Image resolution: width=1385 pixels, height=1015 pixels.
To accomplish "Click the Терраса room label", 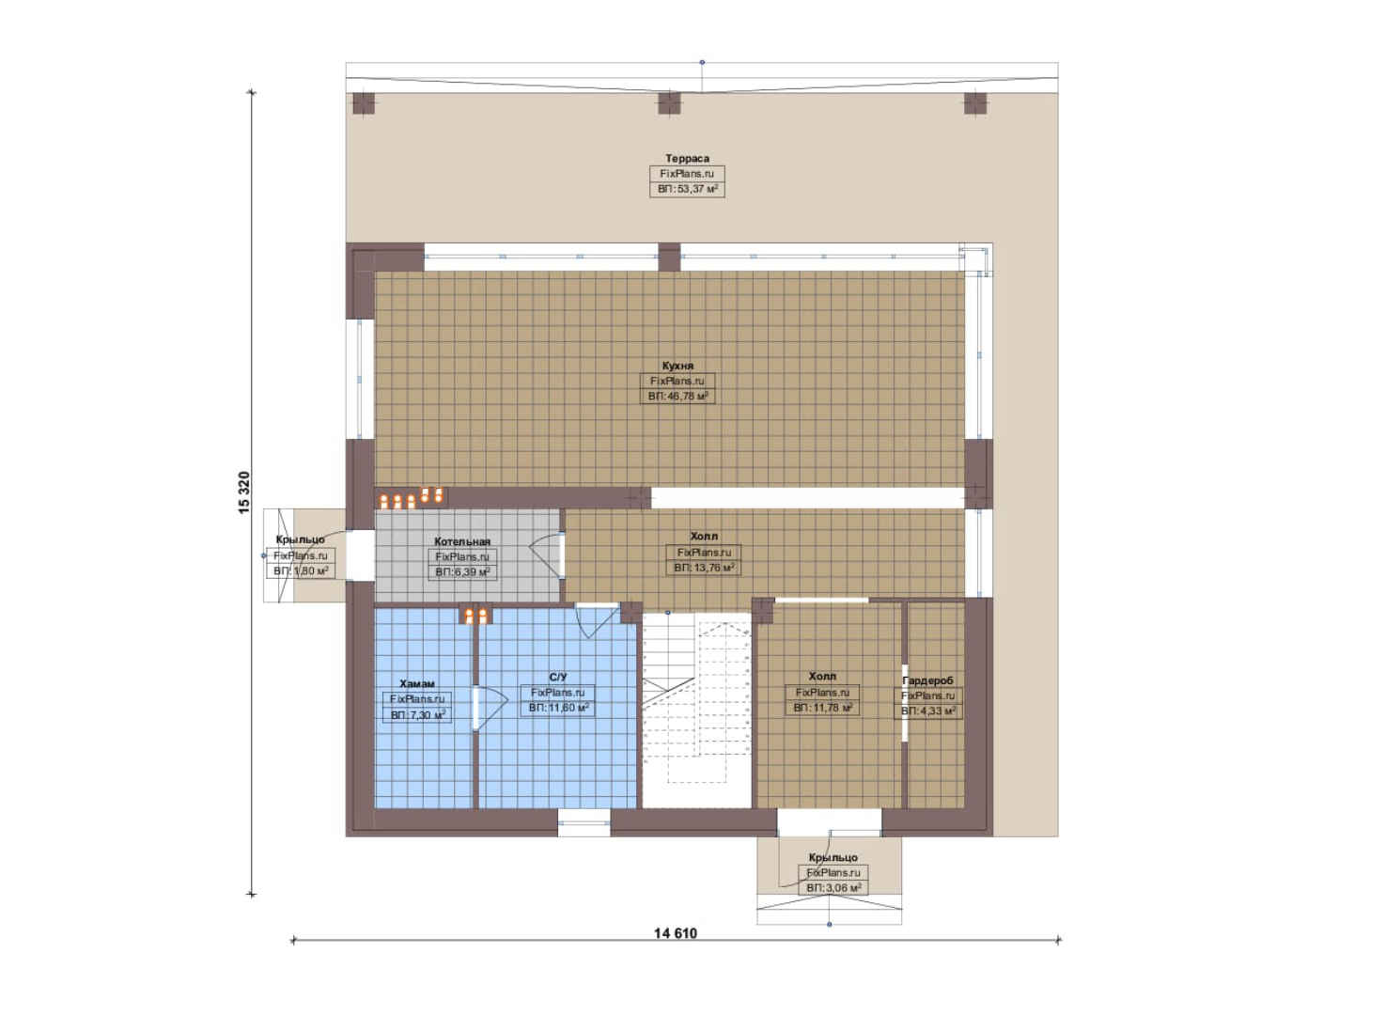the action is click(687, 158).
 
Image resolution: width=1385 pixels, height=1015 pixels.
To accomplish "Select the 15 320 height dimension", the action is click(244, 492).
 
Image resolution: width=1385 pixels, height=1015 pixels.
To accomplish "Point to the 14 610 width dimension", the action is click(676, 932).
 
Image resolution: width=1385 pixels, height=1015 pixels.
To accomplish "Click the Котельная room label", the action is click(462, 541).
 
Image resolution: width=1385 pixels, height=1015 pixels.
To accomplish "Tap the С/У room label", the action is click(558, 678).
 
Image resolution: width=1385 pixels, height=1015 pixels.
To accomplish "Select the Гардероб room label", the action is click(927, 680).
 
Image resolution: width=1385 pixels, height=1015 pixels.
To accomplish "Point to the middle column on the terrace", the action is click(669, 103).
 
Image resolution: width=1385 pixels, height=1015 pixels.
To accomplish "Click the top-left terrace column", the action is click(364, 103).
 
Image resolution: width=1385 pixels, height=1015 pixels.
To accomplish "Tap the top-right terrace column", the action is click(975, 103).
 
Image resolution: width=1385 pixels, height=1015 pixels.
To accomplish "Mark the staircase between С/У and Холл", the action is click(696, 710).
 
